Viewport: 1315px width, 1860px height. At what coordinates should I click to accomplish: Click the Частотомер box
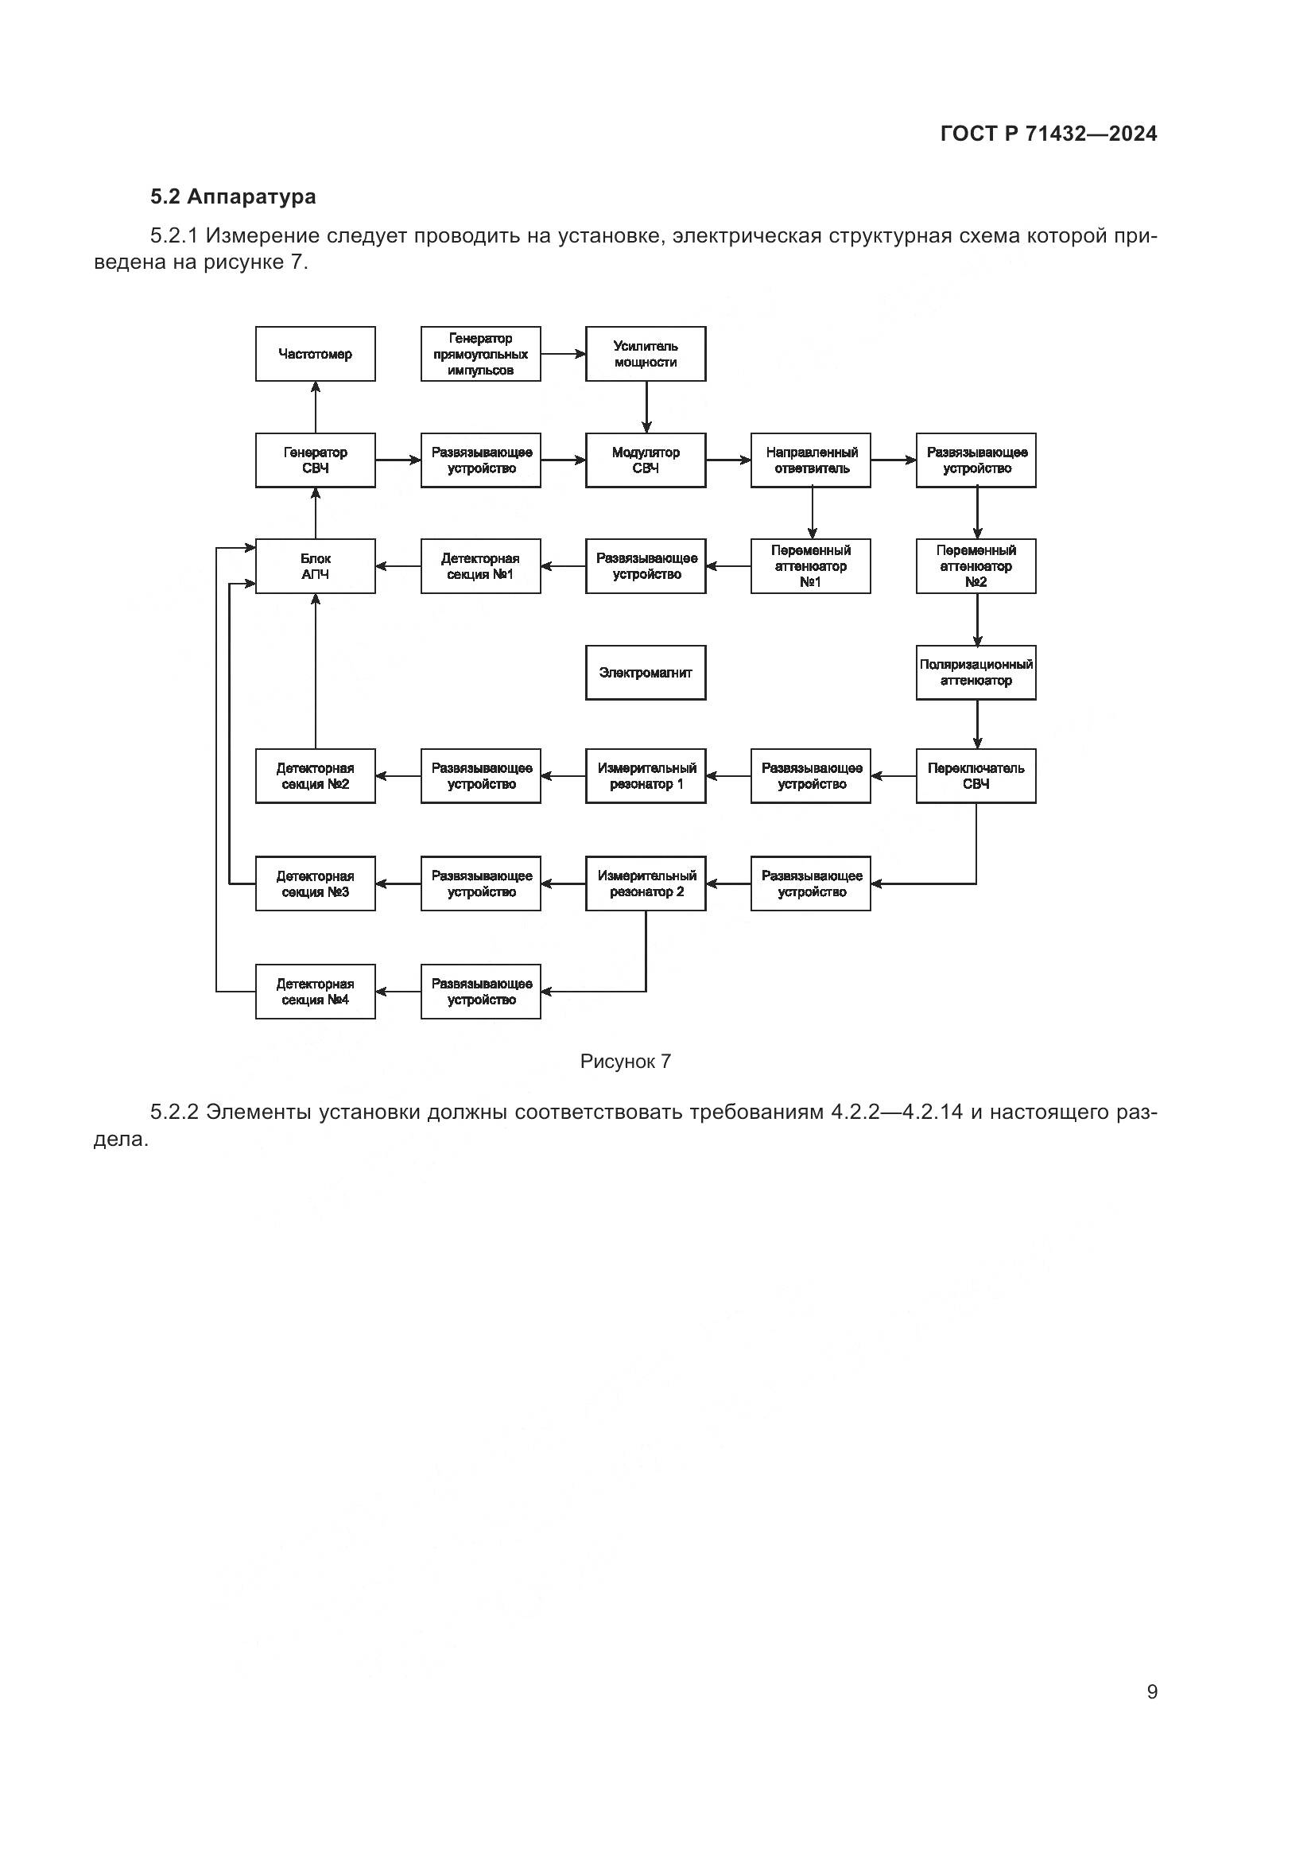tap(315, 354)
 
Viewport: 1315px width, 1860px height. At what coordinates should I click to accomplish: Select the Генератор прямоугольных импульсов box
tap(480, 354)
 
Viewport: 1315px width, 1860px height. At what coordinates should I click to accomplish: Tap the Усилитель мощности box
tap(646, 354)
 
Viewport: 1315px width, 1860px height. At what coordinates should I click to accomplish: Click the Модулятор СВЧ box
tap(646, 460)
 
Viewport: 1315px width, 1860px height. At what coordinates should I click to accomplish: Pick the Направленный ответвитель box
tap(810, 460)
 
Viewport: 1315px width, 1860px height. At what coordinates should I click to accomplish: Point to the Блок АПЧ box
tap(315, 566)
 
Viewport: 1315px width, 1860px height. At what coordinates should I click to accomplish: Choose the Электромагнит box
tap(646, 673)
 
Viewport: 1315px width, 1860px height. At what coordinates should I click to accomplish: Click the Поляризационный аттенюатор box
tap(976, 673)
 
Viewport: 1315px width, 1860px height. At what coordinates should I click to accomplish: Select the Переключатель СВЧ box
tap(976, 776)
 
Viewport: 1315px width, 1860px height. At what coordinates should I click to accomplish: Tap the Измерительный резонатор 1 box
tap(646, 776)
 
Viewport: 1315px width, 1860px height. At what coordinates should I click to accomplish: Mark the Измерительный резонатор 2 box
tap(646, 883)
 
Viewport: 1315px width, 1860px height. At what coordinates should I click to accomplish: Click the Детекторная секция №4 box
tap(315, 992)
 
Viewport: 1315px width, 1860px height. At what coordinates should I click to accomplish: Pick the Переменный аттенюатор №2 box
tap(976, 566)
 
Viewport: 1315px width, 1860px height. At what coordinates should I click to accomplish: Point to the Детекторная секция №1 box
tap(480, 566)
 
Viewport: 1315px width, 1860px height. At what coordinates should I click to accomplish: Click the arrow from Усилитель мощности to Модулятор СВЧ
tap(646, 406)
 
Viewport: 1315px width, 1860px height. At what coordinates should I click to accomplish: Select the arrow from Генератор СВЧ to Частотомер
tap(316, 406)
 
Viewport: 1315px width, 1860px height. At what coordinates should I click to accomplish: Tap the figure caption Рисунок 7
tap(625, 1062)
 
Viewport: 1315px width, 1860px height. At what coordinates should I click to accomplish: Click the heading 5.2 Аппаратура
tap(233, 197)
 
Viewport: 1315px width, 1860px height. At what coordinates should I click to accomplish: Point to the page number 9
tap(1152, 1691)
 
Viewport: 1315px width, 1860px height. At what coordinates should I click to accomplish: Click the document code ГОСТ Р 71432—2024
tap(1049, 134)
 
